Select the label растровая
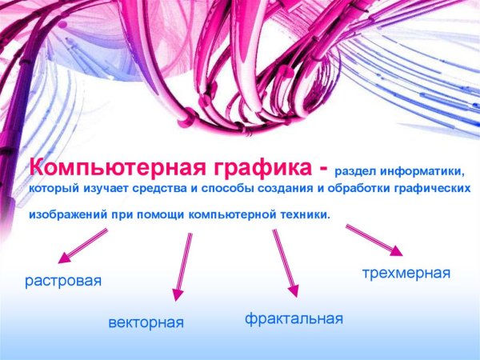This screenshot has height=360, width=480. coord(63,281)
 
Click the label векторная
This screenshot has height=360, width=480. coord(146,323)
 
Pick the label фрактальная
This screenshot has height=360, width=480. coord(294,319)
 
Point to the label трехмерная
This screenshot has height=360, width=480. coord(406,274)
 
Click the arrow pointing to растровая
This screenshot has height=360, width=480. coord(83,246)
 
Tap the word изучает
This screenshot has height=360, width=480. coord(110,190)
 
